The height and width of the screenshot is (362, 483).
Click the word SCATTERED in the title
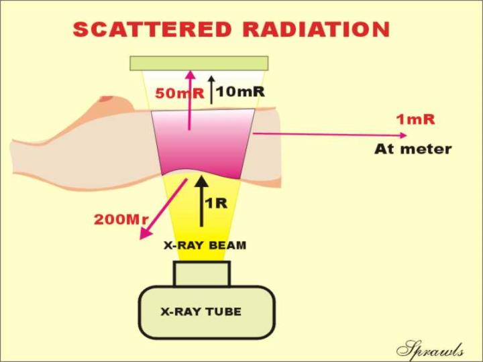pos(152,29)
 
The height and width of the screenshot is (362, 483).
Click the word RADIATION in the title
pos(317,29)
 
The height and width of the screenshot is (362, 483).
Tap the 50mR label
pos(179,93)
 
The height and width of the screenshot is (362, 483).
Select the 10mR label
pos(240,91)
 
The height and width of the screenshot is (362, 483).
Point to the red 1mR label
pos(415,119)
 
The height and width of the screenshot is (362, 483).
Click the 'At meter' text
pos(413,149)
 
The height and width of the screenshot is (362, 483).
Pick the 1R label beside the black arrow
pos(216,203)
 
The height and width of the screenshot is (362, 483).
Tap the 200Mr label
pos(121,219)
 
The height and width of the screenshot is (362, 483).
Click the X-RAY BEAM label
pos(205,245)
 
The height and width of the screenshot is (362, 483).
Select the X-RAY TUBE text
pos(201,312)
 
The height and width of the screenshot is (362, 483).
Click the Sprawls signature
pos(430,350)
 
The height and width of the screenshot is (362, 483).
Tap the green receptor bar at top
pos(199,64)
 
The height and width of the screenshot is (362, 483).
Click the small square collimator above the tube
pos(202,274)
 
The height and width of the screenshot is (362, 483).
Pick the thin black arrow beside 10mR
pos(211,90)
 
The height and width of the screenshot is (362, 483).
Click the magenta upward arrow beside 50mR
pos(191,101)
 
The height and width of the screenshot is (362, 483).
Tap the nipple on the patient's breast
pos(107,99)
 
